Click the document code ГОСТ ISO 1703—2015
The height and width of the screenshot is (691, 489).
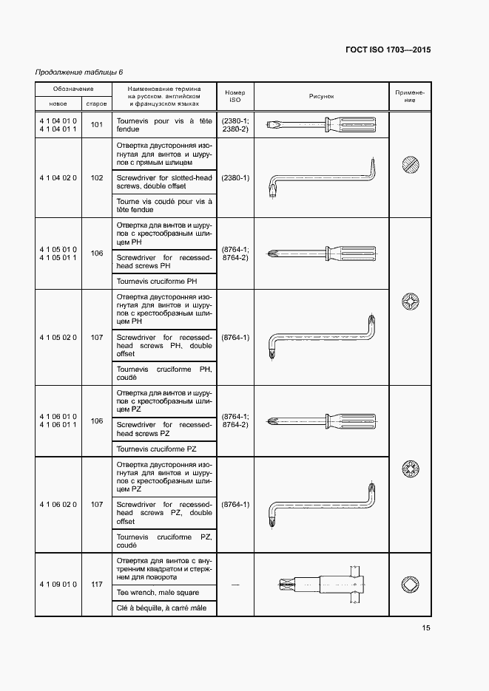click(x=388, y=50)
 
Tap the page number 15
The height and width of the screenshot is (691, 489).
click(x=426, y=628)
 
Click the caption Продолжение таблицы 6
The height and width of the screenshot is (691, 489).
click(x=79, y=72)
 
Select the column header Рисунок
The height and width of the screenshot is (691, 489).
click(x=322, y=96)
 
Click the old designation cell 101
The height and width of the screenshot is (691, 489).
click(x=96, y=124)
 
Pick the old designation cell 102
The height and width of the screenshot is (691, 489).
click(x=96, y=177)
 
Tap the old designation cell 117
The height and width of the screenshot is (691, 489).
click(x=96, y=585)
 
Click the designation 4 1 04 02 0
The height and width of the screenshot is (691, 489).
click(x=58, y=177)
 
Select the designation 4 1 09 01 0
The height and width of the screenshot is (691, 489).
click(x=58, y=585)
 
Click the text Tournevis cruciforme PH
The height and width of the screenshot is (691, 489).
click(x=156, y=282)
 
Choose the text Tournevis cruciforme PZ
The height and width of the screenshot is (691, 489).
click(x=156, y=449)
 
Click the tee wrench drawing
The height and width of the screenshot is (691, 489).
click(x=322, y=585)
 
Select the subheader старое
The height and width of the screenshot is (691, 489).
click(x=96, y=103)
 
